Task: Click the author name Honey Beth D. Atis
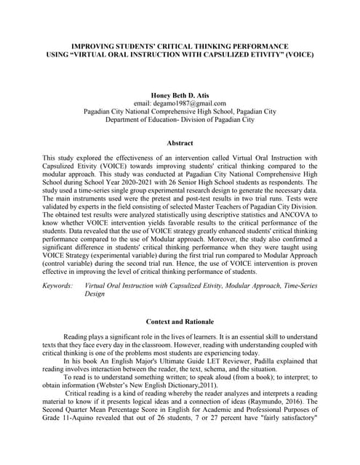[180, 94]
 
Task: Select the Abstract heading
[180, 143]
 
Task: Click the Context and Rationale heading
[180, 321]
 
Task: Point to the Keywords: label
[58, 286]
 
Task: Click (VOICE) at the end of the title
[301, 54]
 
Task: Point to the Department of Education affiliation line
[180, 120]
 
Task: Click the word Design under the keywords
[95, 295]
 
